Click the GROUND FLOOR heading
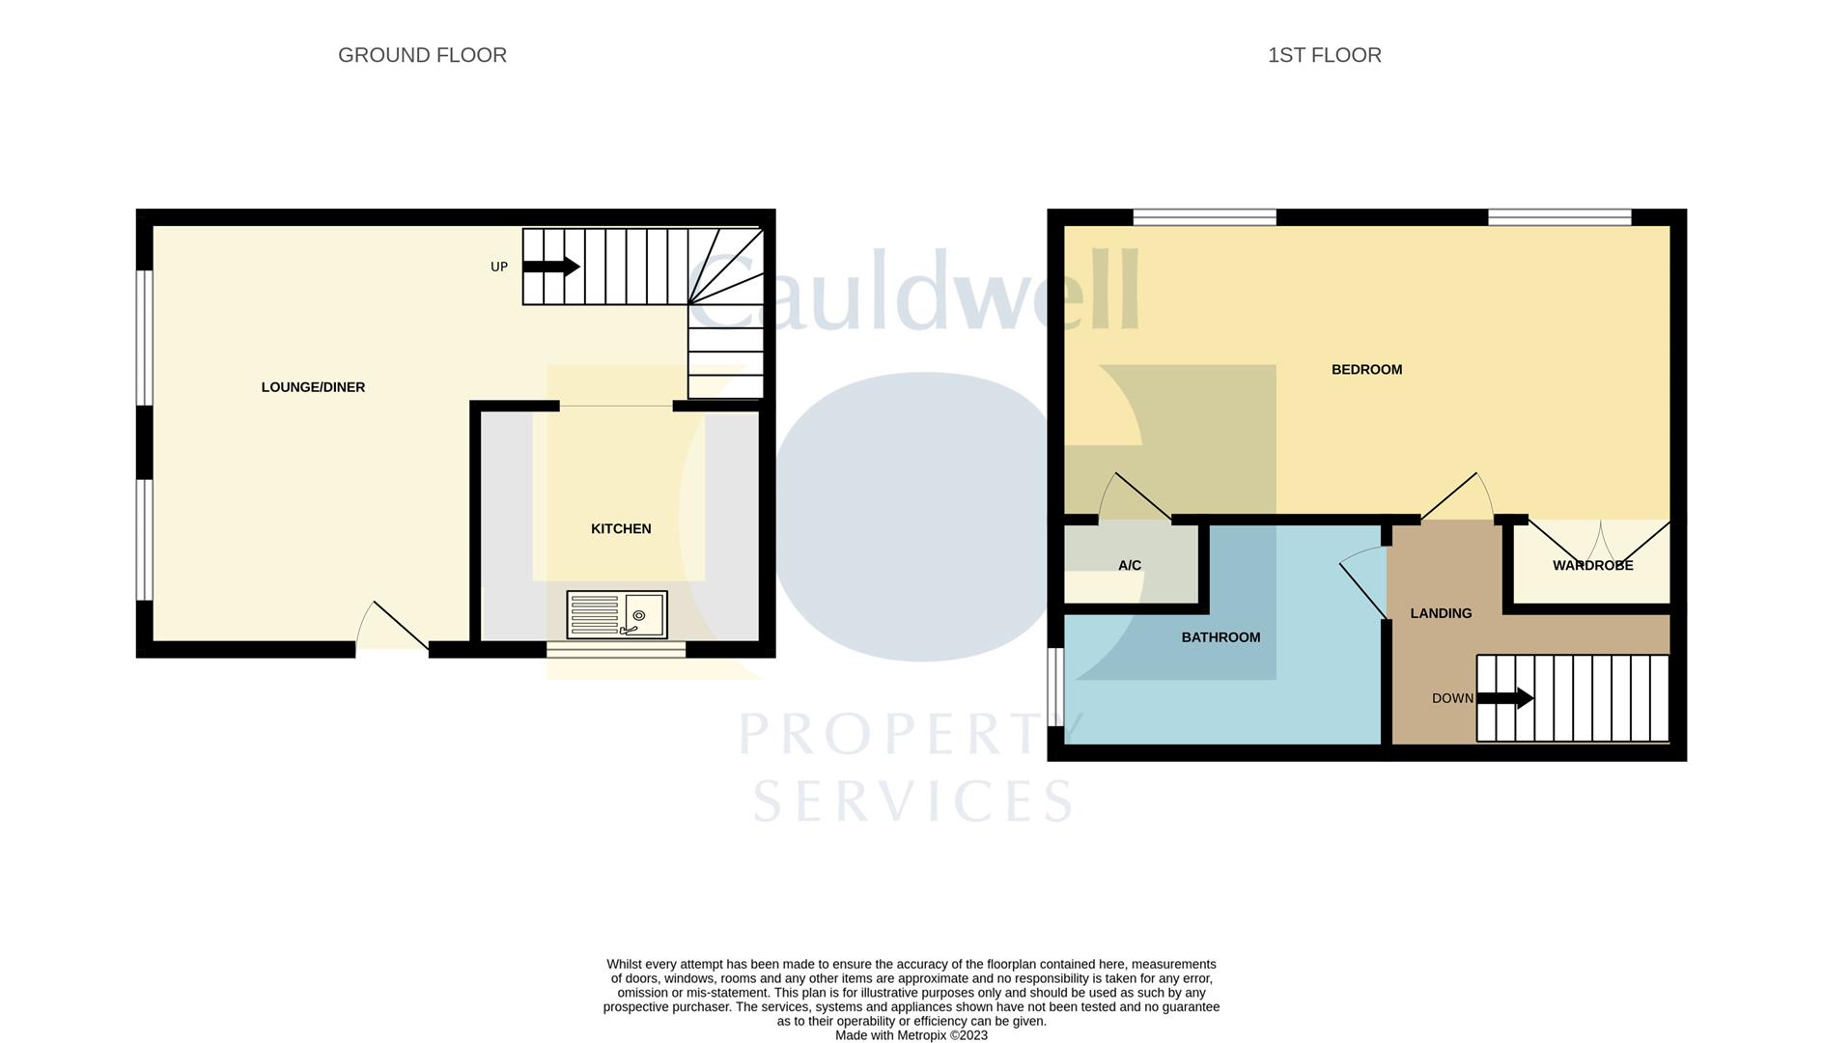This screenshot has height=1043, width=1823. point(422,56)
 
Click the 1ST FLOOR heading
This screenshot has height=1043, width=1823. point(1324,56)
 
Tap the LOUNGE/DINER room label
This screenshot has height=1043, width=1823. point(313,387)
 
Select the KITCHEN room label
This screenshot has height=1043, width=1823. point(621,528)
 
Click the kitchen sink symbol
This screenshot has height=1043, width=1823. point(616,615)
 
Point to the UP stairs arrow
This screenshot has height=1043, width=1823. point(551,267)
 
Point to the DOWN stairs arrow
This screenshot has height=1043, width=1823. point(1505,698)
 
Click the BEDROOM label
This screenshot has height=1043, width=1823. point(1366,369)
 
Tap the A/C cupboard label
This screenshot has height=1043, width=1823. point(1129,565)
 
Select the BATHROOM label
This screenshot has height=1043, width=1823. point(1220,637)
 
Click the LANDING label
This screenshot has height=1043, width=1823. point(1441,613)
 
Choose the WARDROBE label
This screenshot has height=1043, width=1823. point(1592,565)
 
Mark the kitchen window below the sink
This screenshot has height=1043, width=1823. point(616,650)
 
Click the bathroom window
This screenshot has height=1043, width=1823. point(1055,687)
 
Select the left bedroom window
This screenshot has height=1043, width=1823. point(1204,217)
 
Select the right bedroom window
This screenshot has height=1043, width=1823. point(1559,217)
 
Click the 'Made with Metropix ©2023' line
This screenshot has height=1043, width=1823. point(911,1035)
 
